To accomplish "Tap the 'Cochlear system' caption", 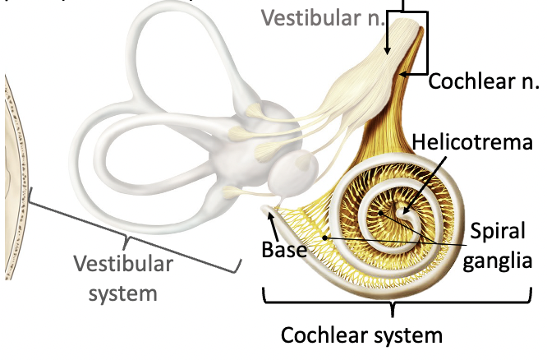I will [361, 335].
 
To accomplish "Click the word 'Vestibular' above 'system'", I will [122, 265].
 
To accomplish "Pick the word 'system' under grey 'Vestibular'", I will [122, 292].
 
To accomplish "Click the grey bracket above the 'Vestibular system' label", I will [127, 238].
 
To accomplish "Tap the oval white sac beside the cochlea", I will [293, 173].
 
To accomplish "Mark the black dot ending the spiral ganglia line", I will [326, 238].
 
